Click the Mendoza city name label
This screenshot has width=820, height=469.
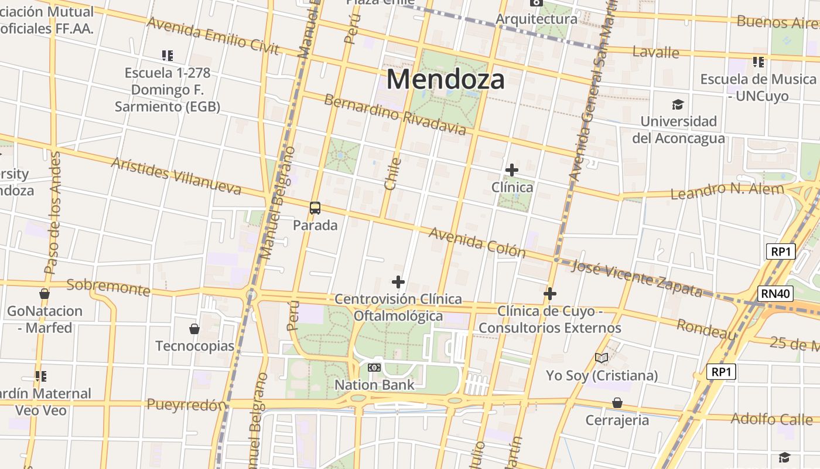click(445, 79)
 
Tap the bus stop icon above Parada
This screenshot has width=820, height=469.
click(315, 208)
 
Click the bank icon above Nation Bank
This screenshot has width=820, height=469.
click(374, 368)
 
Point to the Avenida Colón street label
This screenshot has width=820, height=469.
click(477, 242)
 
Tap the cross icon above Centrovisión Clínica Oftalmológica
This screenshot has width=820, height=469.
click(398, 282)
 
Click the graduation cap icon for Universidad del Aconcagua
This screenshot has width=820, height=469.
click(678, 104)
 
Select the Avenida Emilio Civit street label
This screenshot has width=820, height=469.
click(213, 36)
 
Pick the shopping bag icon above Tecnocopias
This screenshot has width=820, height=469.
click(194, 329)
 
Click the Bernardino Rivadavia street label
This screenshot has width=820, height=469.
click(395, 114)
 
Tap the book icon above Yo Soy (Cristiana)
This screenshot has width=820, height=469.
click(602, 358)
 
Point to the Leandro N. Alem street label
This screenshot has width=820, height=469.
click(727, 191)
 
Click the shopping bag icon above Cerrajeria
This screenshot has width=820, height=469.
click(617, 403)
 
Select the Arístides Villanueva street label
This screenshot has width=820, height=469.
click(176, 176)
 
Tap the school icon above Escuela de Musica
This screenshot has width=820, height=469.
click(758, 62)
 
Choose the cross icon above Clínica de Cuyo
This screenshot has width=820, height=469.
click(550, 294)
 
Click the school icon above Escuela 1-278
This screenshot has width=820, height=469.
click(168, 56)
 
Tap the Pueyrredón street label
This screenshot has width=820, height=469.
click(186, 405)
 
